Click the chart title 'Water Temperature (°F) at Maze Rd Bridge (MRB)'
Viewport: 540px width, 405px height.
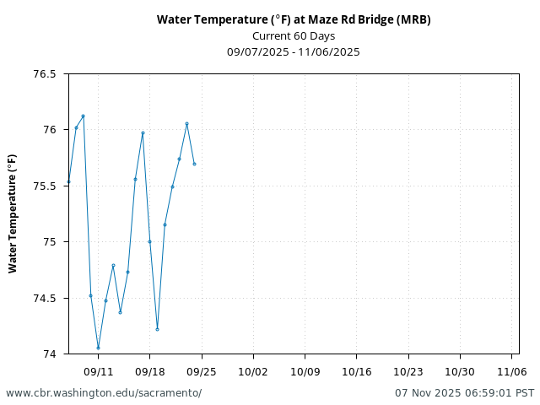point(294,19)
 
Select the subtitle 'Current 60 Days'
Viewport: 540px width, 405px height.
point(294,35)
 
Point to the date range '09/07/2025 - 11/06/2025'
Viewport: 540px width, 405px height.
point(294,51)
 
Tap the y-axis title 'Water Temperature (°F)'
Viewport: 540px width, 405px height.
point(13,213)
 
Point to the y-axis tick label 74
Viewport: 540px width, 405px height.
point(50,354)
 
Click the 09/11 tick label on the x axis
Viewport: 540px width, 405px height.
point(98,371)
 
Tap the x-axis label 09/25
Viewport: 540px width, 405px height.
point(202,371)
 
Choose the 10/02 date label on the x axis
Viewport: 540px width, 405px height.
point(253,371)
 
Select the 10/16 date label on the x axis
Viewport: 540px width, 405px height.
point(356,371)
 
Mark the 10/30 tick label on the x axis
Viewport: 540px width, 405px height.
point(460,371)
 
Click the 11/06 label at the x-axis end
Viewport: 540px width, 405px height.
point(511,371)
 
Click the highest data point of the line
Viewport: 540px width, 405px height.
point(83,116)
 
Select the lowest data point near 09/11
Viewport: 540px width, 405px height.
point(98,348)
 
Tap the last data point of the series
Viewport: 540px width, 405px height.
point(194,164)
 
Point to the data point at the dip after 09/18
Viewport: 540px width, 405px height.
point(157,329)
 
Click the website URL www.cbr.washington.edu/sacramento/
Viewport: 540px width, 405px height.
point(104,393)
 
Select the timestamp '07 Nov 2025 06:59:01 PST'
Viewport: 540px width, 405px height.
point(464,393)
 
